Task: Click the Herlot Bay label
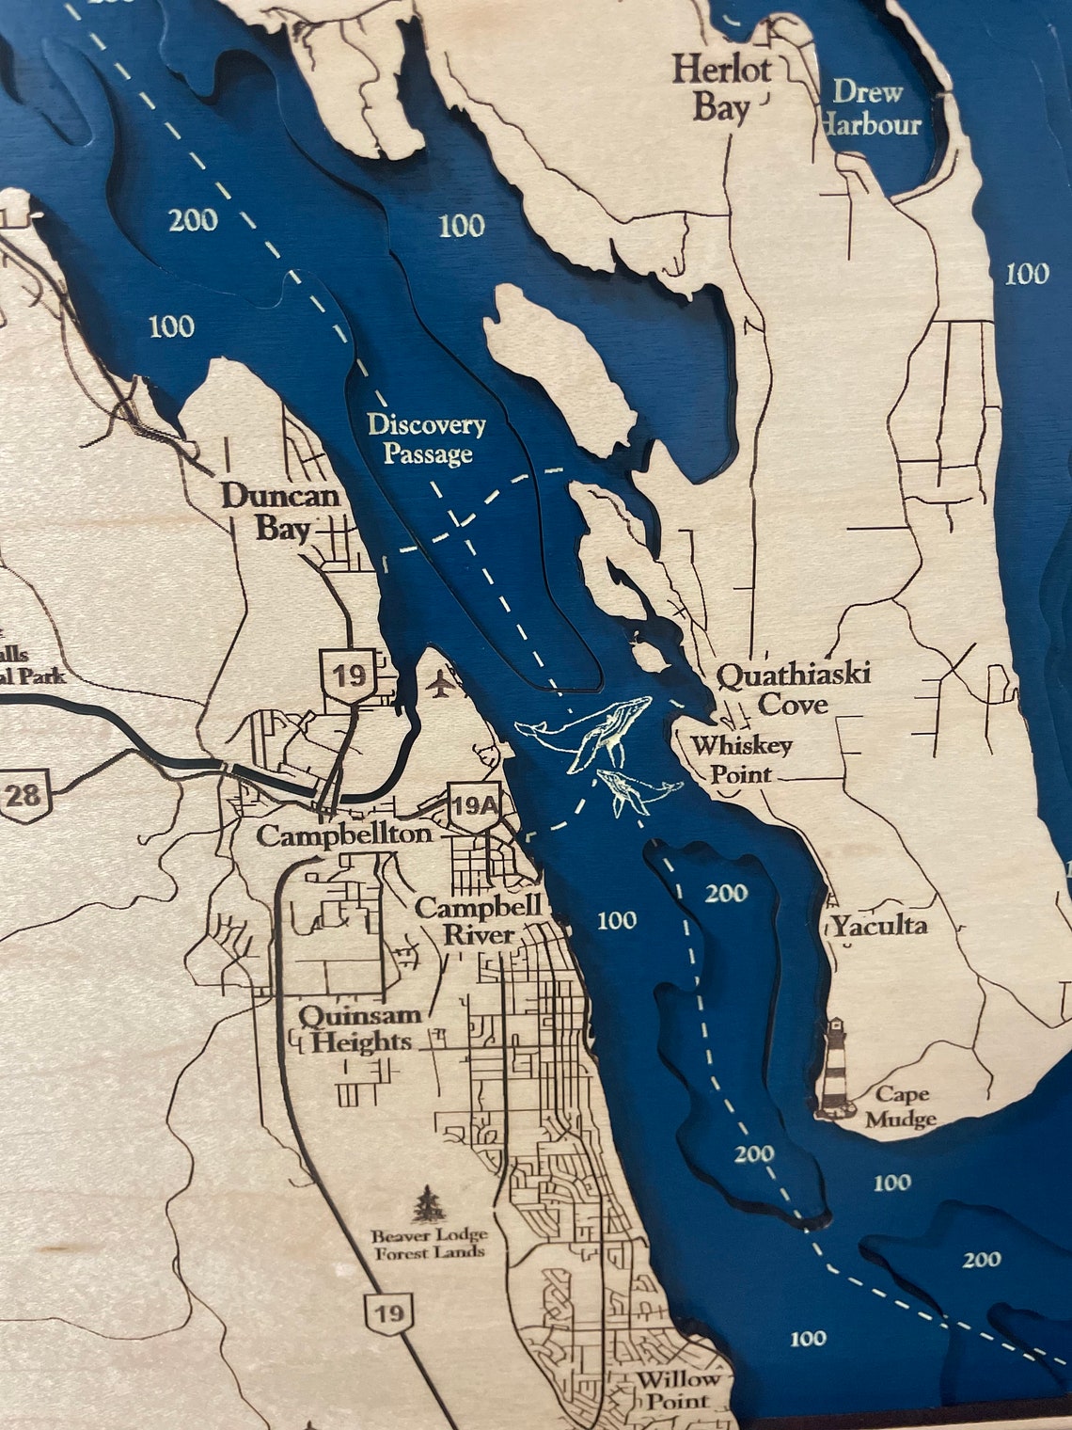pos(722,89)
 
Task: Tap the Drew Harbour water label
pos(870,108)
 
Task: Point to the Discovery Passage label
pos(427,439)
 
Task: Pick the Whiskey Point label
pos(741,759)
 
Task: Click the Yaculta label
pos(877,926)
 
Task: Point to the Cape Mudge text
pos(900,1106)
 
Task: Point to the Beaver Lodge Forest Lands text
pos(428,1244)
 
